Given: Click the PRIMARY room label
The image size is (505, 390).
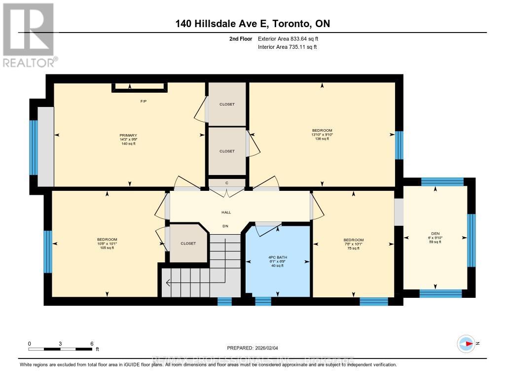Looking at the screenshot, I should coord(128,135).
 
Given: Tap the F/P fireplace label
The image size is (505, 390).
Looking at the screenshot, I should coord(144,101).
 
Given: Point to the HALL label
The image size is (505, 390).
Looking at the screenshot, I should coord(226,213).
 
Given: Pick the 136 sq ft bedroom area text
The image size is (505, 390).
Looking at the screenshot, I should coord(323,139).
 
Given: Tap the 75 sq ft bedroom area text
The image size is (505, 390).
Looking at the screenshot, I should coord(354,248).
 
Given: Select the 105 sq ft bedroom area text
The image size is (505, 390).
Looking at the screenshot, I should coord(107,248).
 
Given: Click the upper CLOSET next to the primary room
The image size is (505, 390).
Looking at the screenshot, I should coord(227,104).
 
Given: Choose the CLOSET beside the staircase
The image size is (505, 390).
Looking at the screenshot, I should coord(188,243).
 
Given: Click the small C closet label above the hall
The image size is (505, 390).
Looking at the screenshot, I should coord(227,183).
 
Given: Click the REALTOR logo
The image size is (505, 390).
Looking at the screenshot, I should coord(29,35).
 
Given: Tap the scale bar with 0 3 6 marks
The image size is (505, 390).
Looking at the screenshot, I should coord(60,349).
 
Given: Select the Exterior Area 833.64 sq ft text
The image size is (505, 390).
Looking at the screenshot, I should coord(291,38).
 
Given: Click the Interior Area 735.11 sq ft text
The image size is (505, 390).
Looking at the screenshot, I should coord(287,47).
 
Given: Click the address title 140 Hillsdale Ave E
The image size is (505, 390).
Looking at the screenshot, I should coord(252,24).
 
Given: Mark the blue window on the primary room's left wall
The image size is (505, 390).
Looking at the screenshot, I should coord(34,147).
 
